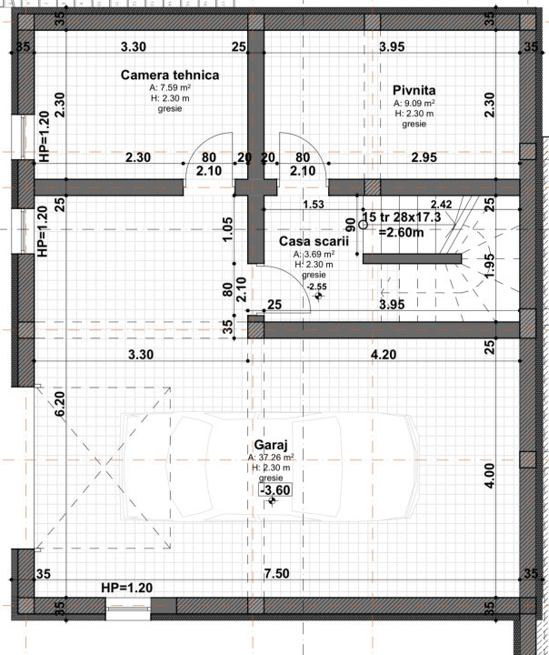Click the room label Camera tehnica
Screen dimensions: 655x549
pyautogui.click(x=169, y=75)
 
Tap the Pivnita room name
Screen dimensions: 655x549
pyautogui.click(x=414, y=90)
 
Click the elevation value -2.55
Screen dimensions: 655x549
pyautogui.click(x=315, y=287)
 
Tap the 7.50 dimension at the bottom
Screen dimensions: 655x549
pyautogui.click(x=277, y=575)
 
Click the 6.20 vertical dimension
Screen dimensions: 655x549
pyautogui.click(x=60, y=403)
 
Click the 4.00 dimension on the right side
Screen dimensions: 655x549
pyautogui.click(x=490, y=475)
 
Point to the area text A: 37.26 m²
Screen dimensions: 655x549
pyautogui.click(x=270, y=457)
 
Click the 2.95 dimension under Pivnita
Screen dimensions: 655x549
pyautogui.click(x=424, y=157)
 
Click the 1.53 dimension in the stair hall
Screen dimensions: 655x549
pyautogui.click(x=314, y=205)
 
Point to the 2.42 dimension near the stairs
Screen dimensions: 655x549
pyautogui.click(x=441, y=205)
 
